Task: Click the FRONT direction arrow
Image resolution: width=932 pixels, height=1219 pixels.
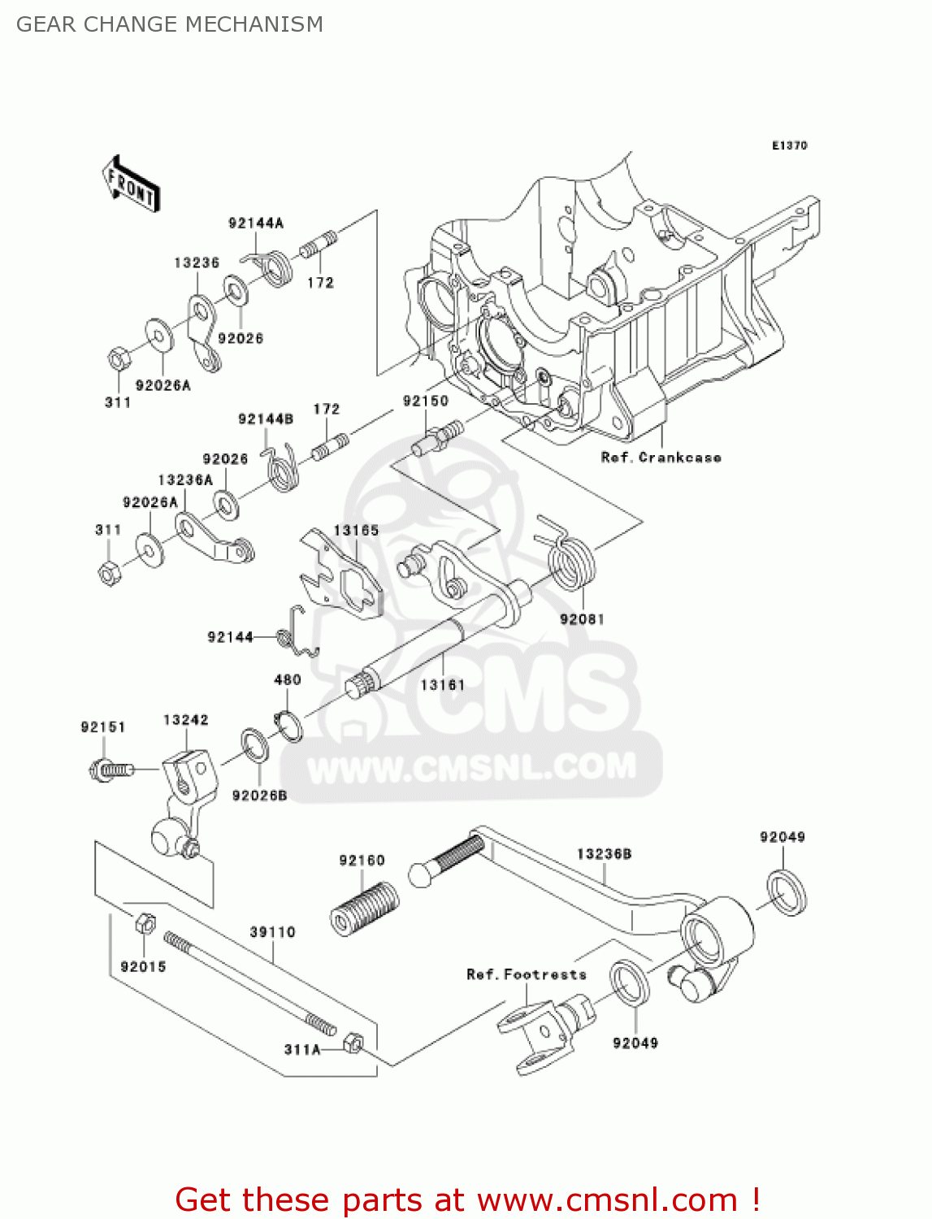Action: pyautogui.click(x=130, y=185)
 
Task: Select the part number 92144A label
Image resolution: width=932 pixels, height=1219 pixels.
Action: pyautogui.click(x=256, y=223)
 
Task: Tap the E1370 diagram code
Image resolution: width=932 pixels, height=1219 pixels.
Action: pyautogui.click(x=789, y=145)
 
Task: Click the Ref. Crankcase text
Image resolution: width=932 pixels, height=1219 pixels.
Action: pyautogui.click(x=661, y=458)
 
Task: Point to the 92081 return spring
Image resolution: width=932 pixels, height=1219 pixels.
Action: pyautogui.click(x=571, y=558)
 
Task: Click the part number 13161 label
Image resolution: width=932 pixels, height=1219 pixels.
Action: pyautogui.click(x=442, y=685)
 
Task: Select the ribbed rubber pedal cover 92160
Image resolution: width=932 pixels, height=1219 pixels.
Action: pyautogui.click(x=365, y=908)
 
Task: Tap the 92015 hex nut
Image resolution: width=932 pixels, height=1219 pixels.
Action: pyautogui.click(x=145, y=923)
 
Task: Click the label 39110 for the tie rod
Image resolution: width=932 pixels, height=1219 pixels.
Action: pyautogui.click(x=272, y=932)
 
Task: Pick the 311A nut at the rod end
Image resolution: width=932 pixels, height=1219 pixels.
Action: pyautogui.click(x=353, y=1042)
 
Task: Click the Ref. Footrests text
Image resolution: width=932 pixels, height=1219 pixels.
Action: pyautogui.click(x=527, y=974)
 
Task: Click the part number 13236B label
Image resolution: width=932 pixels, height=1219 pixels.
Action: pyautogui.click(x=604, y=854)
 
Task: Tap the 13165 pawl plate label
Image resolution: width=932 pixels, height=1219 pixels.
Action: pyautogui.click(x=356, y=531)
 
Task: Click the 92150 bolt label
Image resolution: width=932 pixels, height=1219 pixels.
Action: pyautogui.click(x=426, y=401)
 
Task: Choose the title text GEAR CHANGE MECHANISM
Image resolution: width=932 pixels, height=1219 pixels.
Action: pyautogui.click(x=170, y=24)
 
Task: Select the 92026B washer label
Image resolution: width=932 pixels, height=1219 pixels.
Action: pyautogui.click(x=259, y=796)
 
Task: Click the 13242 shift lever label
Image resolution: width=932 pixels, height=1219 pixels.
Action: pyautogui.click(x=185, y=720)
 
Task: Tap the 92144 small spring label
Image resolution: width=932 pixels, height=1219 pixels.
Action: pyautogui.click(x=230, y=637)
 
